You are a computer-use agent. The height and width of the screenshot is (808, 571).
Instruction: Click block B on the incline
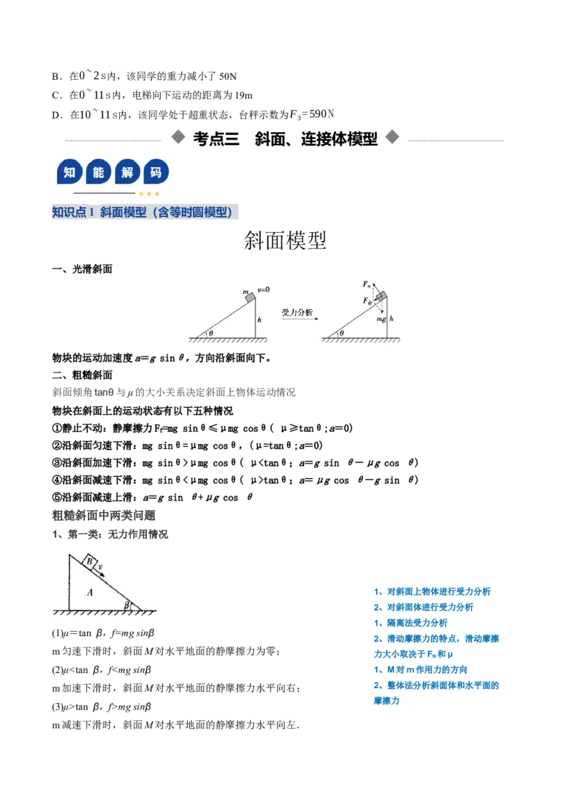(90, 562)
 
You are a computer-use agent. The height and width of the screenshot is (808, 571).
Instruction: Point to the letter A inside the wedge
(90, 592)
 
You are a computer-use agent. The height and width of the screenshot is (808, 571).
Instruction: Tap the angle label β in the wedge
(127, 605)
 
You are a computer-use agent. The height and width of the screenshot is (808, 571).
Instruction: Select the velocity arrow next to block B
(98, 570)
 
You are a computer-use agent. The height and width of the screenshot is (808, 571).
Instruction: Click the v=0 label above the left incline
(263, 290)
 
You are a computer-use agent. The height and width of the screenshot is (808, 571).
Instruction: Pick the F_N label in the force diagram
(366, 284)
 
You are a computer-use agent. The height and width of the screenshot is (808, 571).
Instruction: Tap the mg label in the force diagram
(381, 320)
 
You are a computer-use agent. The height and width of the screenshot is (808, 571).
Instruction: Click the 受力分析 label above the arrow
(297, 312)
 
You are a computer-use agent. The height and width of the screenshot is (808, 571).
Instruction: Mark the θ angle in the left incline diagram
(211, 333)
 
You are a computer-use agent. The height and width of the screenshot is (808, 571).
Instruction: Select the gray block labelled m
(250, 298)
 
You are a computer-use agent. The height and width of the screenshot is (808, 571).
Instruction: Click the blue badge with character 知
(69, 172)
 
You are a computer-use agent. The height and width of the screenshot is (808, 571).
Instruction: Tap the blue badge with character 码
(156, 172)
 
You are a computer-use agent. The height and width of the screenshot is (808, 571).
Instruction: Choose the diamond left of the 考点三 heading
(178, 137)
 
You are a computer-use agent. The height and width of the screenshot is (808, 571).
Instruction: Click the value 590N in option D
(322, 114)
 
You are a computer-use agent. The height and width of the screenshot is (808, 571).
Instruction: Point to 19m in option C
(244, 96)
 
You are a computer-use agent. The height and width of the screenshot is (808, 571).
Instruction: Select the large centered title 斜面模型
(285, 241)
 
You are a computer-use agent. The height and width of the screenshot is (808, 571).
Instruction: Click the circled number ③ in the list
(56, 463)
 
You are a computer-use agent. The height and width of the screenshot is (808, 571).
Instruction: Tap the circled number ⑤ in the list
(56, 498)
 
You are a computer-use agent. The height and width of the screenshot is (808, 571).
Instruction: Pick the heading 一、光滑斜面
(83, 269)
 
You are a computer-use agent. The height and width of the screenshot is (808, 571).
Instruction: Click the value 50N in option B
(228, 76)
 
